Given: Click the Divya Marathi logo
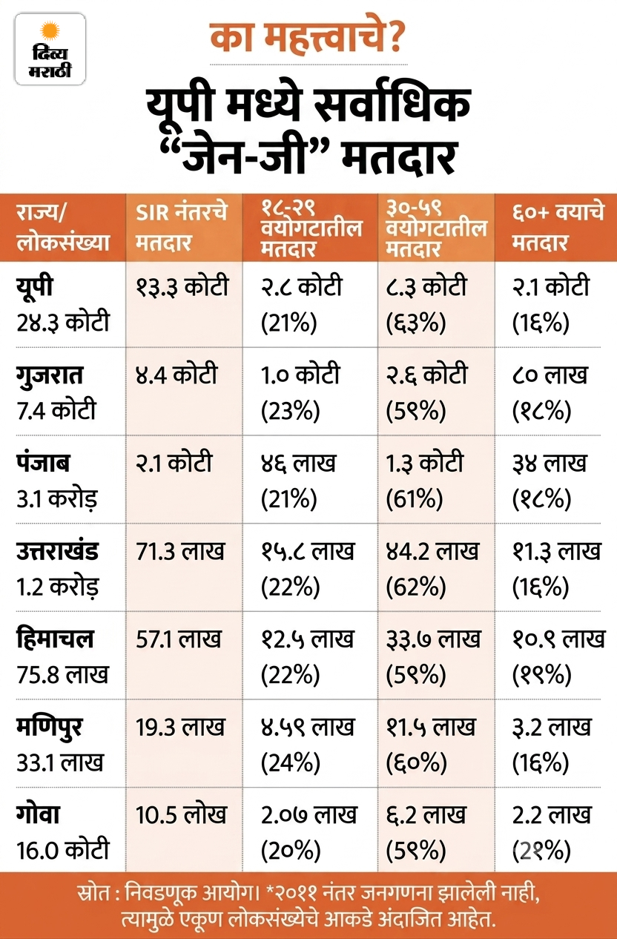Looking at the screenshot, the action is click(50, 49).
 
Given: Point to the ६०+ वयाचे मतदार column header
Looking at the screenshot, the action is click(558, 228).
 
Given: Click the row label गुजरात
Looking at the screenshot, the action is click(50, 375).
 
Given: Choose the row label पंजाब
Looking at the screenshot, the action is click(43, 463).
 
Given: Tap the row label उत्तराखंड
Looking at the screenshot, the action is click(57, 551).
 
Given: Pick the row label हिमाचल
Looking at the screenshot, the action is click(54, 639).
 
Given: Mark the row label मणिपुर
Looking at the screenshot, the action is click(49, 728).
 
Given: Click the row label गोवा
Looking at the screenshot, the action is click(38, 814).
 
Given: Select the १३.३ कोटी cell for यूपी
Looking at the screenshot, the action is click(182, 286).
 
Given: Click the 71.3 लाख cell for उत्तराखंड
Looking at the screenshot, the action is click(179, 551).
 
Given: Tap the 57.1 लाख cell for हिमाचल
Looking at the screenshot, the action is click(178, 639).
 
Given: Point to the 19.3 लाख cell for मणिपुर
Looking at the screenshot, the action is click(180, 727).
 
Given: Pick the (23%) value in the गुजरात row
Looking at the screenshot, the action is click(290, 410).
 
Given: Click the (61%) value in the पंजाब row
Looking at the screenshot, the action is click(414, 498).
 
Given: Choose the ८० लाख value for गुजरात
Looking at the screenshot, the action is click(550, 375).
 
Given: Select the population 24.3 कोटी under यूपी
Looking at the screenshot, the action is click(63, 323).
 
